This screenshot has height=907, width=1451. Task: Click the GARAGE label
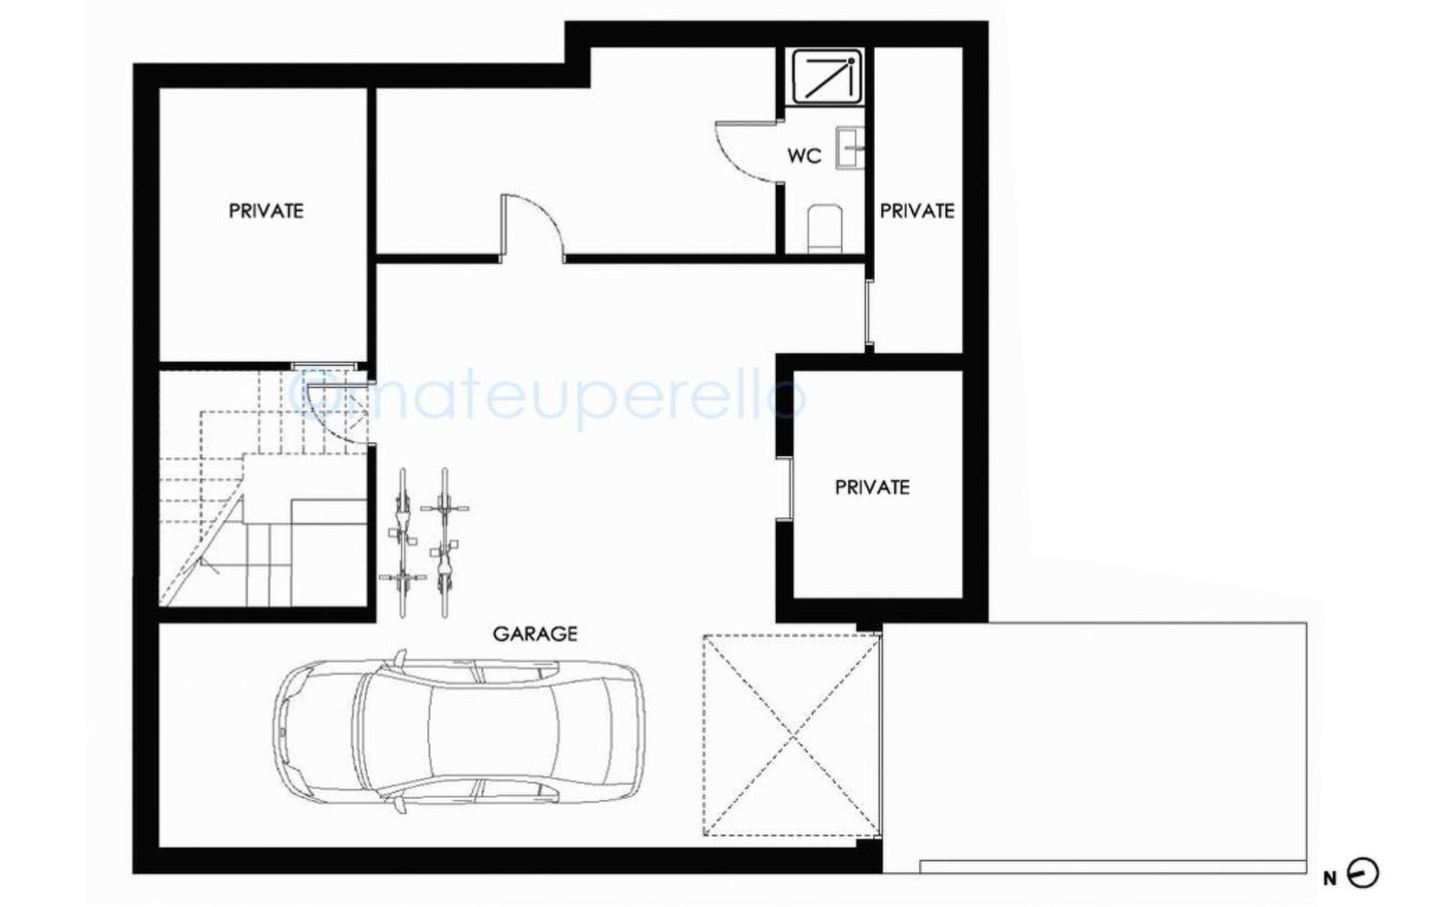(535, 633)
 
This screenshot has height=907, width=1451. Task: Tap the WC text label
(804, 156)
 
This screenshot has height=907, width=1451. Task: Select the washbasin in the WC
(849, 148)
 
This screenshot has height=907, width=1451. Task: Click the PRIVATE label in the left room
(266, 211)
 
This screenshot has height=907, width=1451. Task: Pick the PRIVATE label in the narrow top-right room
(917, 211)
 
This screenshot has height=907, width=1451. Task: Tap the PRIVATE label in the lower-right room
(872, 488)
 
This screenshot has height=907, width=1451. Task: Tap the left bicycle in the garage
(402, 540)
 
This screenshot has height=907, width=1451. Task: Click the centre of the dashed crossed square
(792, 735)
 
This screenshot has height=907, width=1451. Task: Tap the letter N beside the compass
(1330, 878)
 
